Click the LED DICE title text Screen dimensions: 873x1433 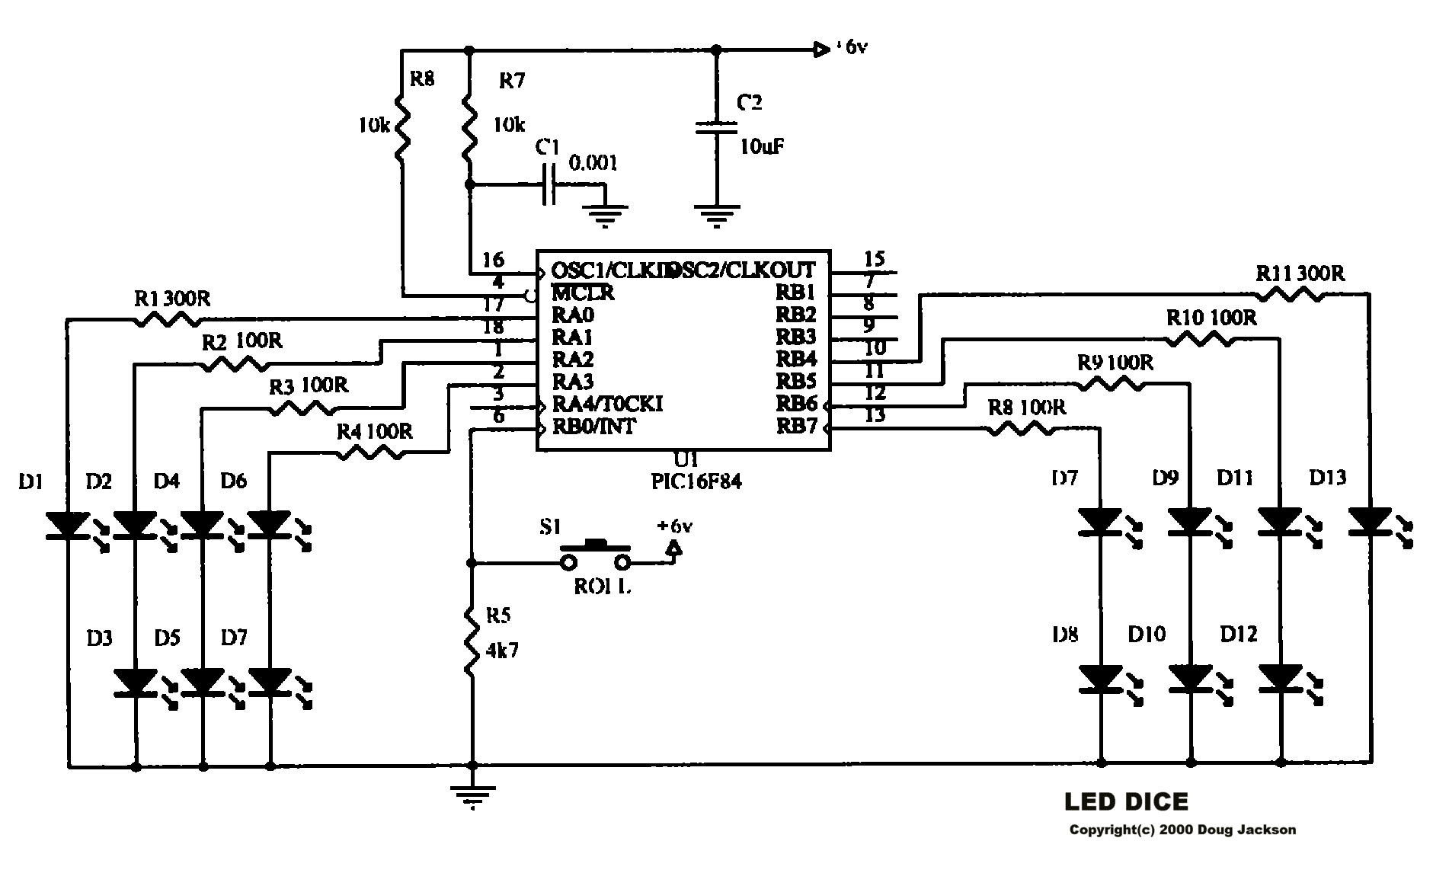tap(1125, 801)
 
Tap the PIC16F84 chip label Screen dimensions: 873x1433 tap(691, 481)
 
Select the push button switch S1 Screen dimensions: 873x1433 tap(595, 554)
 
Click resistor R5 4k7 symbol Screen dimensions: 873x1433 tap(472, 648)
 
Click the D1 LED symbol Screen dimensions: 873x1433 tap(68, 526)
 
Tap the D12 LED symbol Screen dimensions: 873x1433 tap(1280, 677)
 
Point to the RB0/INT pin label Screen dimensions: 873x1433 tap(593, 427)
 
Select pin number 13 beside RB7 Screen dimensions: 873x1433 tap(875, 415)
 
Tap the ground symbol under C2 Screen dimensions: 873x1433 tap(715, 216)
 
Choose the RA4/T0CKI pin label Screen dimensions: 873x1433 tap(607, 405)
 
